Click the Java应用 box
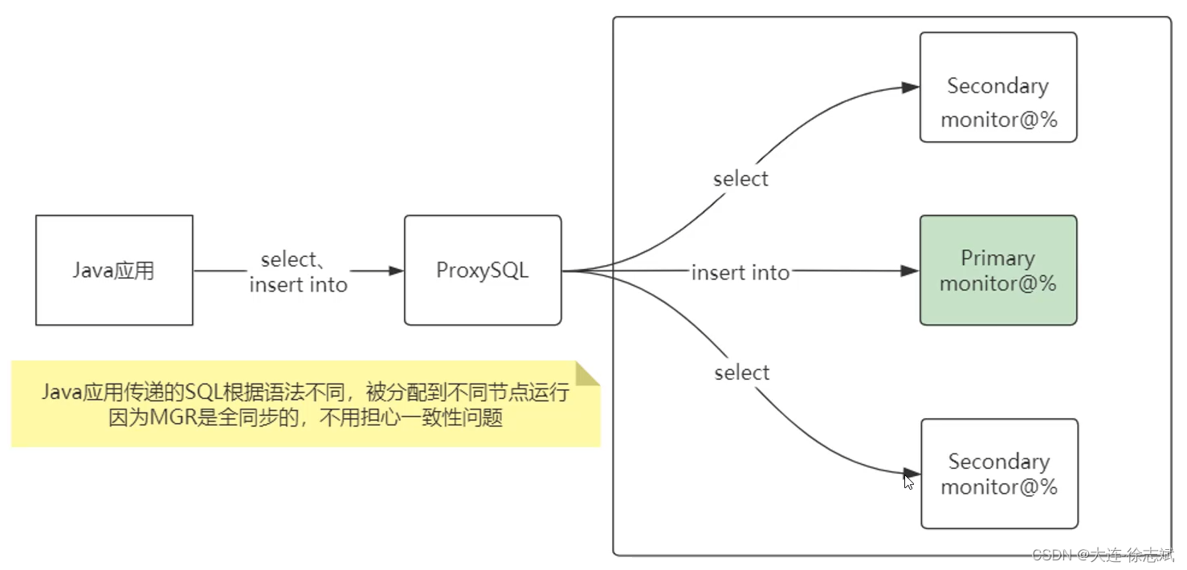tap(114, 271)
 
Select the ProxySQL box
tap(482, 271)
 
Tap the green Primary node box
tap(997, 271)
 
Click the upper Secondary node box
tap(997, 88)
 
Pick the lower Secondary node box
tap(999, 474)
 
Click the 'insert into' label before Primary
tap(740, 273)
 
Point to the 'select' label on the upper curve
tap(740, 179)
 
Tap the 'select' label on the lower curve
tap(741, 373)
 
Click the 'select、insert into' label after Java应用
tap(297, 272)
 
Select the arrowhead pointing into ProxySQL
tap(396, 271)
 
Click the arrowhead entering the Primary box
tap(910, 271)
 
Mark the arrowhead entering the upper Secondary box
tap(911, 88)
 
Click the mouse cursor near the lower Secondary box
tap(908, 482)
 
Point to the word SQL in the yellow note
tap(201, 393)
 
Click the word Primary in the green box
tap(997, 259)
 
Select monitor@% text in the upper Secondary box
tap(998, 120)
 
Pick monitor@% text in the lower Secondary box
tap(999, 487)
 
